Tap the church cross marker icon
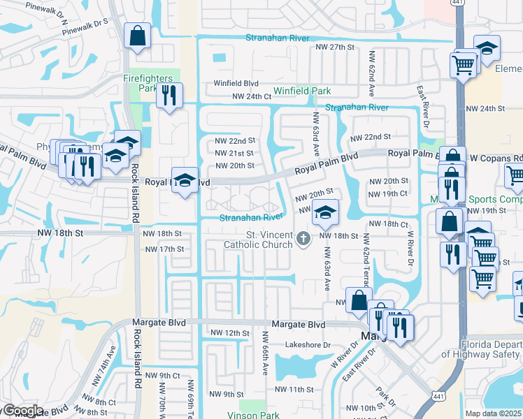click(303, 239)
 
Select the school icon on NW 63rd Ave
click(325, 212)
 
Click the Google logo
click(22, 411)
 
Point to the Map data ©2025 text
click(494, 413)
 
